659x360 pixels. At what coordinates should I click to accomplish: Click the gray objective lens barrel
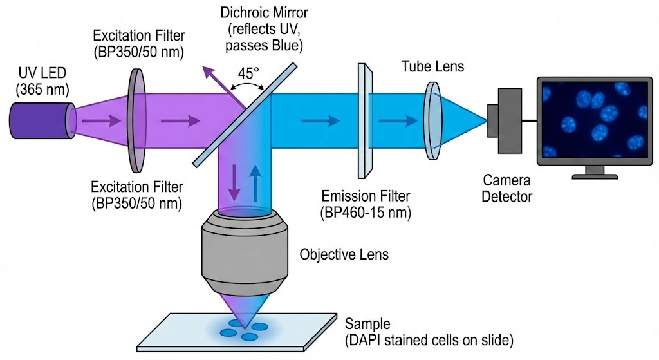click(244, 258)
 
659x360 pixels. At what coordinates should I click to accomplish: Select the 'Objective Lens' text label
click(344, 254)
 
